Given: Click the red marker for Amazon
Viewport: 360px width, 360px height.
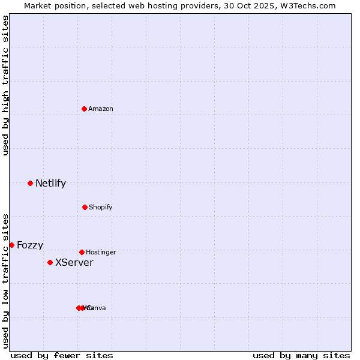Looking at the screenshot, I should pos(85,109).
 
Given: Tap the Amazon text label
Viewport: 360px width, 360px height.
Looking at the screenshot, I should pos(101,109).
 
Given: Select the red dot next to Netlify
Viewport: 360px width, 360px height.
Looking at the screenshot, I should pos(31,183).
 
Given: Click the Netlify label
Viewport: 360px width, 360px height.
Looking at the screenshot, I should pos(50,184).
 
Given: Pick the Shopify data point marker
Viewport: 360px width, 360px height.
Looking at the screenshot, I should pos(85,207).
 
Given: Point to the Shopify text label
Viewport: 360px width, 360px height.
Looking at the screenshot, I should pos(101,207).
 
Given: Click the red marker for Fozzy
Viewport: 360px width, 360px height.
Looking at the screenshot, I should pos(11,245).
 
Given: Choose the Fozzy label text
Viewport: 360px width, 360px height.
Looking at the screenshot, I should pos(30,245).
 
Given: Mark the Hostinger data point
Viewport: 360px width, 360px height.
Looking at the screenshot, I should pos(82,252).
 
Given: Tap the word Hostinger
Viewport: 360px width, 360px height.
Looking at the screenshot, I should pos(101,252).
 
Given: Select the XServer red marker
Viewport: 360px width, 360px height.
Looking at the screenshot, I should pos(50,262).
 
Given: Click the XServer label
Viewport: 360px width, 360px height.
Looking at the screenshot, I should pos(74,263).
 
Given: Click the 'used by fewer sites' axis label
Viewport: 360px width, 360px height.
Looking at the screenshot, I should pos(62,355).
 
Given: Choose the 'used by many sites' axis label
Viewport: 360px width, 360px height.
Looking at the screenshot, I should pos(301,355).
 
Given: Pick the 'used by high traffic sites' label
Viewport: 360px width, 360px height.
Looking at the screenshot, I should pos(5,85).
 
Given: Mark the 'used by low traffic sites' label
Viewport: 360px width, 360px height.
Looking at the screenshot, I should pos(5,280).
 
